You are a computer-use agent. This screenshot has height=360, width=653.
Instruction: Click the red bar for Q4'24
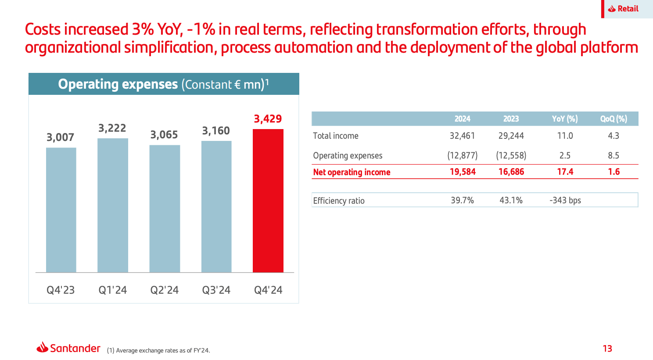tap(268, 201)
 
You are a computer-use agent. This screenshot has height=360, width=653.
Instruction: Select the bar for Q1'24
tap(113, 205)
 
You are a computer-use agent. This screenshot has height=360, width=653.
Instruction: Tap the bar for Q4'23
tap(61, 210)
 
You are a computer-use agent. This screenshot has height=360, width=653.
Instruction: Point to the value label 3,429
tap(268, 119)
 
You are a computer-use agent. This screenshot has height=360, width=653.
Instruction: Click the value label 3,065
tap(164, 135)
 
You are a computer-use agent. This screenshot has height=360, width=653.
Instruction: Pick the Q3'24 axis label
tap(216, 290)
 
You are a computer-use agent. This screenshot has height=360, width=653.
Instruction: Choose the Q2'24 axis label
tap(165, 290)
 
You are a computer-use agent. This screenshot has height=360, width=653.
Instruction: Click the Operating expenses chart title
tap(164, 84)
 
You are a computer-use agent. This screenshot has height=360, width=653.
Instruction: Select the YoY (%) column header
tap(565, 119)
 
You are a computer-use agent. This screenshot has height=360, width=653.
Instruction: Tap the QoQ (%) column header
tap(614, 119)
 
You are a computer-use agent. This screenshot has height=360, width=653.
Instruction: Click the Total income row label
tap(336, 136)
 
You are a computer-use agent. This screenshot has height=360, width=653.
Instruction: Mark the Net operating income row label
tap(352, 172)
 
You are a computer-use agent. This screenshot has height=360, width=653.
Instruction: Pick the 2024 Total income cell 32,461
tap(462, 136)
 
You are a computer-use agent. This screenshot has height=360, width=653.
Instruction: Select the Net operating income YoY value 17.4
tap(565, 172)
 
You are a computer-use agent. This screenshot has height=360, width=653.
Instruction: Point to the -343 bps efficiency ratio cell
tap(565, 201)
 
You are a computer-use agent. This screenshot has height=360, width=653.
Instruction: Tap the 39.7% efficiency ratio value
tap(462, 201)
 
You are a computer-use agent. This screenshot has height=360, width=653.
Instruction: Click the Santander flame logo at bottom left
tap(43, 348)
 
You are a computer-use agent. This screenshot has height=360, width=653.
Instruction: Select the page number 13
tap(607, 349)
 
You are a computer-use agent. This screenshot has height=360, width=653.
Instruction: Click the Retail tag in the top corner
tap(624, 9)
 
